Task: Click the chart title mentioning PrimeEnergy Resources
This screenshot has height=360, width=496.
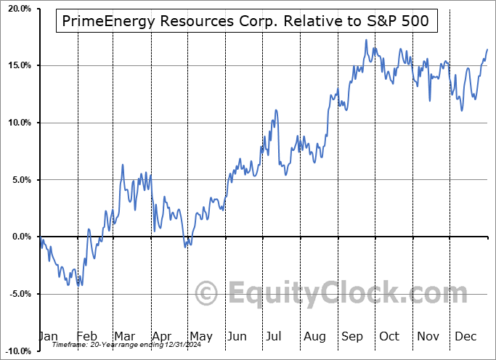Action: (247, 22)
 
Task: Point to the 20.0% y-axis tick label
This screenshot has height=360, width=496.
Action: (16, 9)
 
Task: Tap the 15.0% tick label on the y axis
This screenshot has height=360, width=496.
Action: (16, 65)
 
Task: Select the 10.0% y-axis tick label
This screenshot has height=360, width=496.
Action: (16, 123)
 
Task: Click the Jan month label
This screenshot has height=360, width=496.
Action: (47, 337)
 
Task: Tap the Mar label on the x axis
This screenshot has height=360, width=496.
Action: (123, 337)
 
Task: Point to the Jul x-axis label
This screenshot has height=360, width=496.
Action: (274, 337)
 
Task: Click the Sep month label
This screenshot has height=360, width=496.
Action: (352, 337)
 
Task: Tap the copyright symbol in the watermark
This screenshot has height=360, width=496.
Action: (208, 294)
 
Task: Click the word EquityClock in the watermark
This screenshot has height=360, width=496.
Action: (338, 294)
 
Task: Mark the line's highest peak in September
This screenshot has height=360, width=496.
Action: (366, 40)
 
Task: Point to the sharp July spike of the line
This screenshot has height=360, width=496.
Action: (276, 110)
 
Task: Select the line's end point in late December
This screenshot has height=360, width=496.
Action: (487, 49)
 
